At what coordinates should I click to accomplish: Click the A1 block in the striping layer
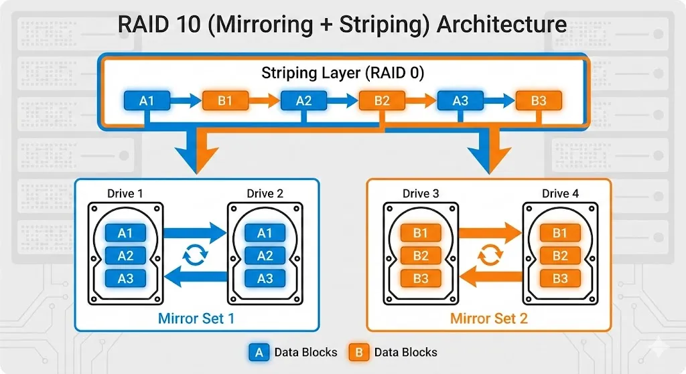pos(147,101)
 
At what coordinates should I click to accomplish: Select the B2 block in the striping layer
pos(382,101)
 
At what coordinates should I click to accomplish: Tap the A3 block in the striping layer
pos(460,101)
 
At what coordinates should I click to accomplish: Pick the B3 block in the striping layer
pos(539,101)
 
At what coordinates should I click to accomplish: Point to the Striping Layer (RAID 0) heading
pos(342,73)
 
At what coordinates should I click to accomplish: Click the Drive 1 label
pos(125,193)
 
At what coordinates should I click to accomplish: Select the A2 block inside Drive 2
pos(265,256)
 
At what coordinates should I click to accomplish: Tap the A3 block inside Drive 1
pos(125,278)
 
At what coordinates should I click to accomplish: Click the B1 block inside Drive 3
pos(421,233)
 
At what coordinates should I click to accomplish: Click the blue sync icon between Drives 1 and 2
pos(195,255)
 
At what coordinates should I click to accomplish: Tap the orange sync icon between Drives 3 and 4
pos(490,255)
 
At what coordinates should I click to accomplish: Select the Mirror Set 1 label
pos(196,318)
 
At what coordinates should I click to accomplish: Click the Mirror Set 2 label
pos(488,318)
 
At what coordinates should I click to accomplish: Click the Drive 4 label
pos(560,193)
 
